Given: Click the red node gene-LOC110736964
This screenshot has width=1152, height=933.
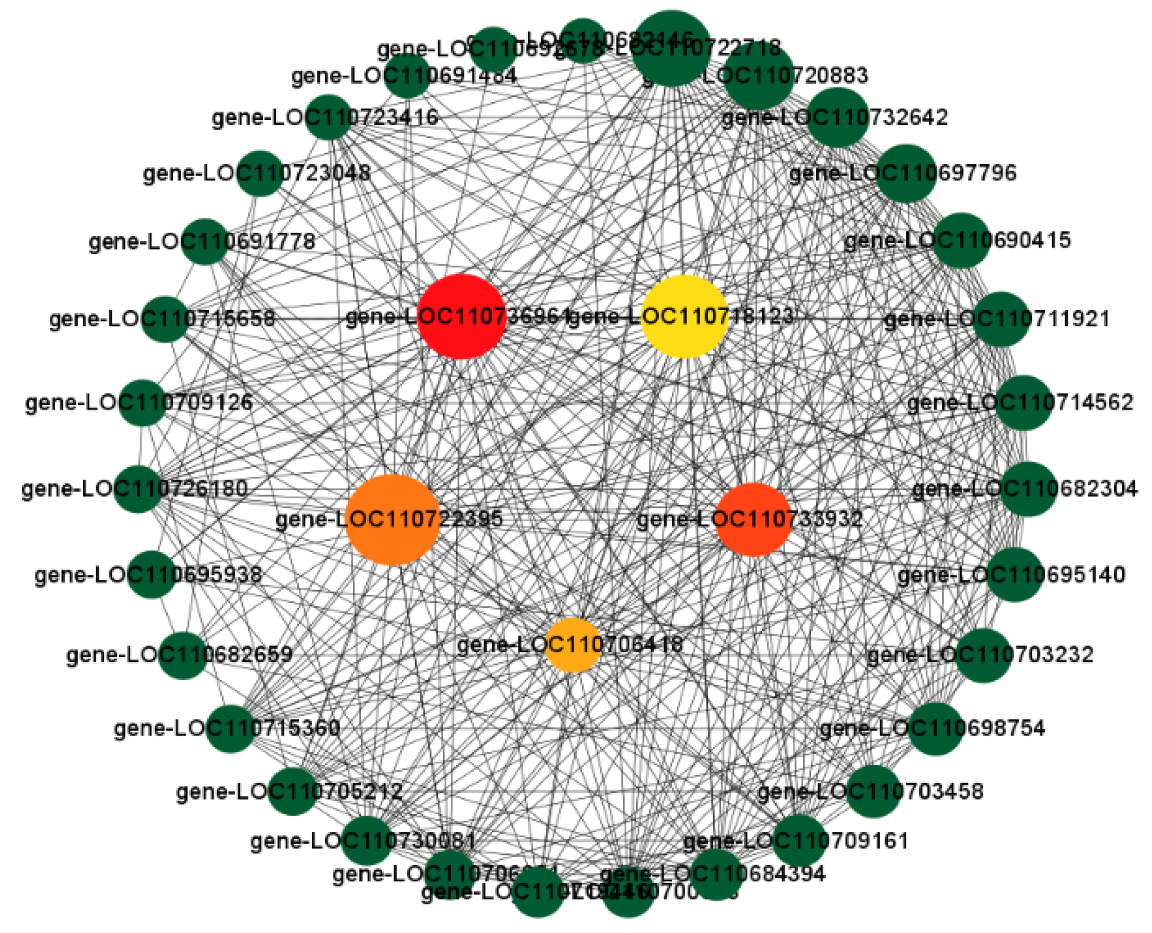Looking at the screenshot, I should (461, 317).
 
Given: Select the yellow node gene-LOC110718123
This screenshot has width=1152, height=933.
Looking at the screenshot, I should (684, 317).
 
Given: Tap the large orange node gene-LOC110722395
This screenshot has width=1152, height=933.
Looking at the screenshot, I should (393, 519).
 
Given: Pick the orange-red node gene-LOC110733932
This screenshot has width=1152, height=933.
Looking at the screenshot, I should (754, 519).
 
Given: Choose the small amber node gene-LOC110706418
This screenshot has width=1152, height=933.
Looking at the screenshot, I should (573, 645).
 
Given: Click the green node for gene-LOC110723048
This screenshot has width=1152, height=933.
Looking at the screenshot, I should (259, 174).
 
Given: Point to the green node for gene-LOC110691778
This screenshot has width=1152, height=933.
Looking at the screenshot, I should (205, 242).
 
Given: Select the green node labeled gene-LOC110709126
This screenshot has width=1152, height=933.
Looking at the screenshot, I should (143, 402).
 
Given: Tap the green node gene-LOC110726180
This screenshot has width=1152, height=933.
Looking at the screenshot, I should (138, 489).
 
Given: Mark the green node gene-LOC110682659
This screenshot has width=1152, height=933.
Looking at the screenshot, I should (182, 655).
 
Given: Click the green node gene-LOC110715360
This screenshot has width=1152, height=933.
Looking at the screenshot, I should (230, 729).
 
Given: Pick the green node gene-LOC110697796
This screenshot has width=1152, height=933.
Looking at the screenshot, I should (906, 173).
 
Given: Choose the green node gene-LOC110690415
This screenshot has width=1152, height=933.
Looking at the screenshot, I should (961, 240).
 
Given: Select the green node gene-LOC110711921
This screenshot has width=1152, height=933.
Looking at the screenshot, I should (1000, 319).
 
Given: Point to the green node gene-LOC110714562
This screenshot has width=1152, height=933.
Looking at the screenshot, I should (1024, 402).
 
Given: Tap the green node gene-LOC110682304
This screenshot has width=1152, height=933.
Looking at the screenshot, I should (1028, 489).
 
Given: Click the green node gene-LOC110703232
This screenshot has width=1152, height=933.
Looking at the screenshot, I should (983, 655).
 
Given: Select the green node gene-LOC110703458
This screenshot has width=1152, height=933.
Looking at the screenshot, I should (874, 791).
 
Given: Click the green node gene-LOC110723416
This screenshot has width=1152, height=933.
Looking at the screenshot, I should (328, 117).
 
